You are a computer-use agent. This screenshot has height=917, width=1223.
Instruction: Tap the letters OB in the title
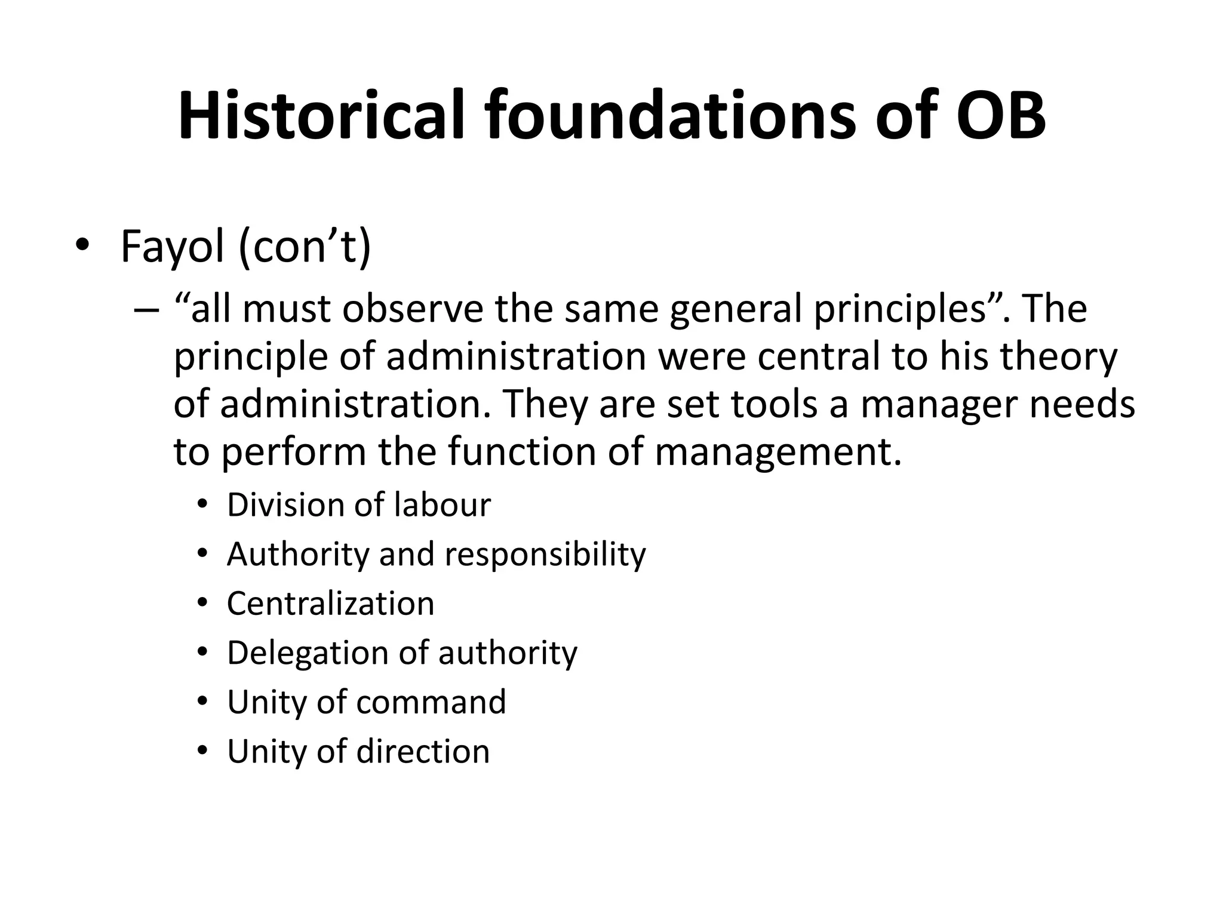point(1000,115)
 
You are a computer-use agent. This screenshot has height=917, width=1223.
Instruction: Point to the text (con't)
point(305,246)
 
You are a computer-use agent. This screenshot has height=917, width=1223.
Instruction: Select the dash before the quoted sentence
point(146,310)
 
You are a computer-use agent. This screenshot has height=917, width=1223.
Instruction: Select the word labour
point(443,505)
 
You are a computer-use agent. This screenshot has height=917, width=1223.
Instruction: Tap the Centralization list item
point(330,604)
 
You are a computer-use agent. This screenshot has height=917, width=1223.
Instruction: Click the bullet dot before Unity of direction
point(202,751)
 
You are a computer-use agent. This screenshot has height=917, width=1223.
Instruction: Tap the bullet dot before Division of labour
point(202,506)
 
